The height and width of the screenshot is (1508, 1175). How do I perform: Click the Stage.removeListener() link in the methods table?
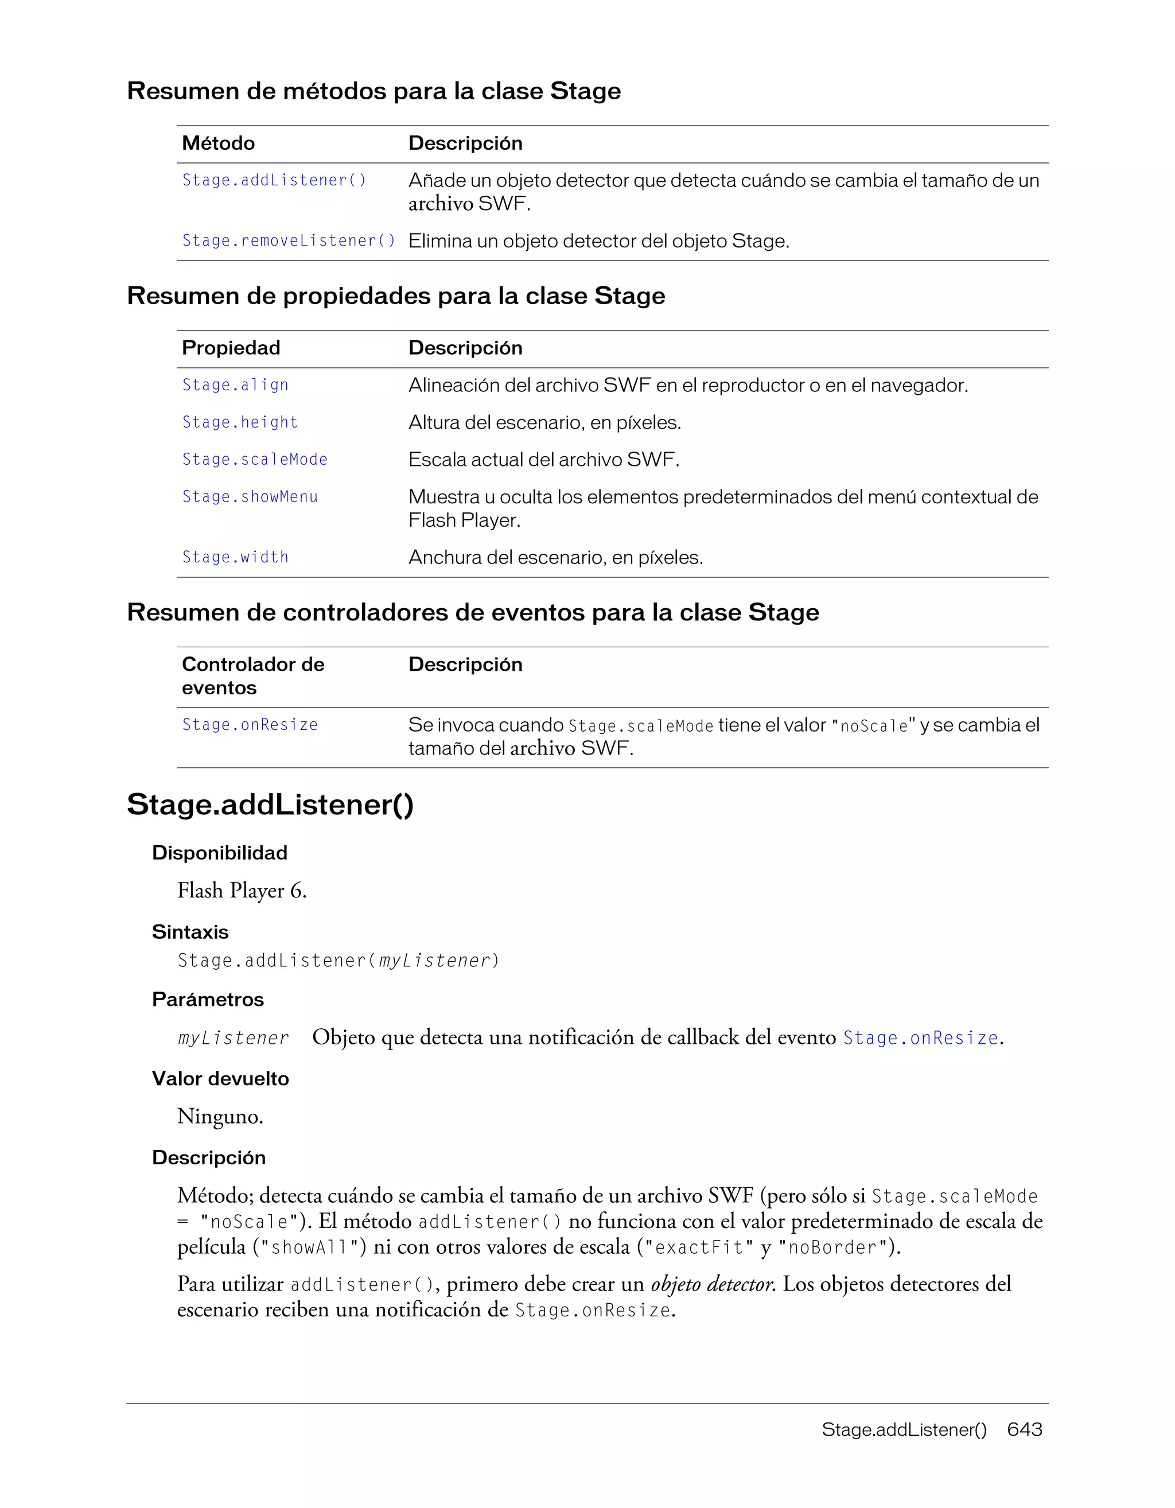pyautogui.click(x=289, y=240)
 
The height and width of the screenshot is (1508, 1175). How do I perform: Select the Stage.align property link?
pyautogui.click(x=235, y=384)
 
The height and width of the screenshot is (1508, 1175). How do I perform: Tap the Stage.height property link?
pyautogui.click(x=240, y=422)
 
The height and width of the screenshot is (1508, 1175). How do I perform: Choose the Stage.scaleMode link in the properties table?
pyautogui.click(x=255, y=459)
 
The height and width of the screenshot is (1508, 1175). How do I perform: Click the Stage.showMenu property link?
pyautogui.click(x=250, y=496)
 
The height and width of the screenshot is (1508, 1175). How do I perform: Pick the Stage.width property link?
pyautogui.click(x=235, y=557)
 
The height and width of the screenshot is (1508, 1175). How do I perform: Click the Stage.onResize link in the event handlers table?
pyautogui.click(x=250, y=724)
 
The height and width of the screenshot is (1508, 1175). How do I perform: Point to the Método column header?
pyautogui.click(x=218, y=143)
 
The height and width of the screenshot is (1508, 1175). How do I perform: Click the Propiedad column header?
pyautogui.click(x=231, y=347)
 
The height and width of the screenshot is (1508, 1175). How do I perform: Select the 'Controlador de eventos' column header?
pyautogui.click(x=252, y=675)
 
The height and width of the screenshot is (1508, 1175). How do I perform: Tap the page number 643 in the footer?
pyautogui.click(x=1024, y=1429)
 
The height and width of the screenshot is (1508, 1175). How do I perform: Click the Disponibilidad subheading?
pyautogui.click(x=220, y=853)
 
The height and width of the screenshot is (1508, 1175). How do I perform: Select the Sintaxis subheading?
pyautogui.click(x=190, y=931)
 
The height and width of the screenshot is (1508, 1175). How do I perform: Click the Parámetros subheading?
pyautogui.click(x=208, y=999)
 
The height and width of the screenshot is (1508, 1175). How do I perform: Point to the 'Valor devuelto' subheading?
pyautogui.click(x=220, y=1079)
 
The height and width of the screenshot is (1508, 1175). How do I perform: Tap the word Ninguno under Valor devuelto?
pyautogui.click(x=220, y=1117)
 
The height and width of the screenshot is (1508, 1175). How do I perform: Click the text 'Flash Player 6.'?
pyautogui.click(x=242, y=891)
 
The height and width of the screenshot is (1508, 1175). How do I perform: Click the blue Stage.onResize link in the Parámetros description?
pyautogui.click(x=920, y=1038)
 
